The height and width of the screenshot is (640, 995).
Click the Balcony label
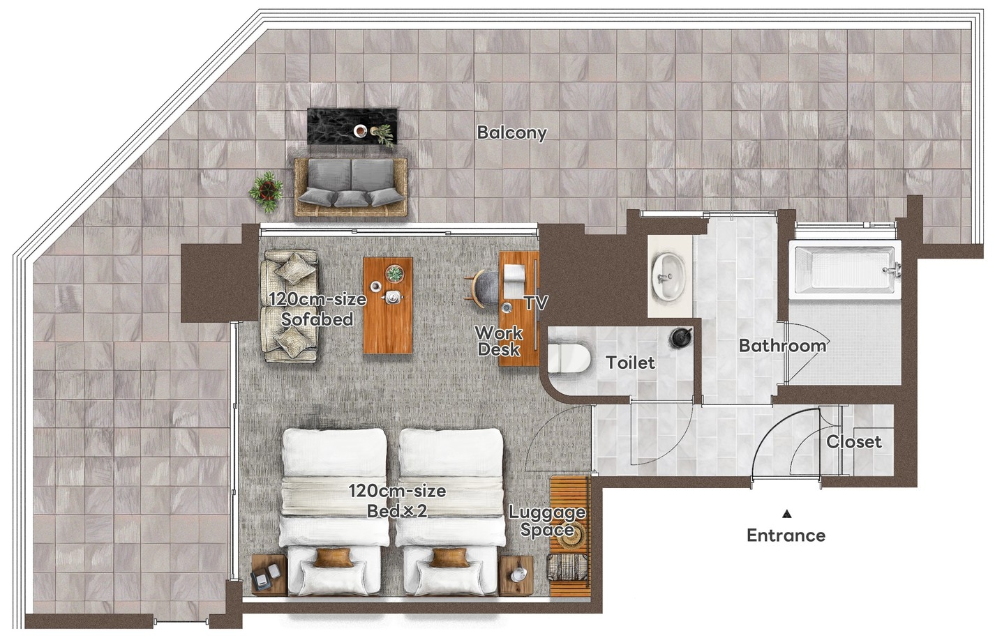point(511,132)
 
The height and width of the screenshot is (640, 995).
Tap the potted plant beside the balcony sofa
point(267,192)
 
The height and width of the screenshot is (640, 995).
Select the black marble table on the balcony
point(352,125)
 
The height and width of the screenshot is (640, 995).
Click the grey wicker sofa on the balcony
point(350,187)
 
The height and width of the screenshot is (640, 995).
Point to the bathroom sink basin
point(668,275)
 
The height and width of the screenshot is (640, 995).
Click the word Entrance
point(786,535)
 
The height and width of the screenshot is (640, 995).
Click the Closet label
point(854,441)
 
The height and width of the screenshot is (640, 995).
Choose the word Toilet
point(630,363)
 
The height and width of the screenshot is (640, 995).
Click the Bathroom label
point(782,345)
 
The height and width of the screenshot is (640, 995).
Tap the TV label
point(536,303)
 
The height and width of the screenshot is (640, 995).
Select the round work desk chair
point(482,288)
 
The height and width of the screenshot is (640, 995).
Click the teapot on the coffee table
point(391,296)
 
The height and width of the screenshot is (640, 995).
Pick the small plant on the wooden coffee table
point(394,273)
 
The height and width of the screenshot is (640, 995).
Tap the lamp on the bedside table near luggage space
point(517,574)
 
